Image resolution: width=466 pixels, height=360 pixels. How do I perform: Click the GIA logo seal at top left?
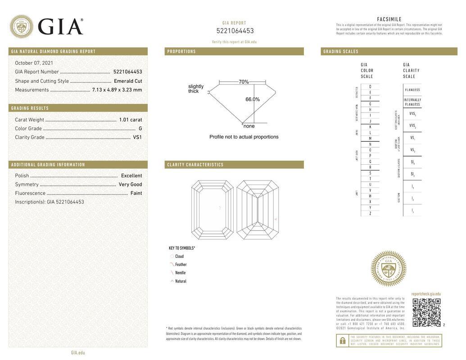pos(21,27)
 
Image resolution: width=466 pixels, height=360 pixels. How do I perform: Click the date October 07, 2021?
pos(34,63)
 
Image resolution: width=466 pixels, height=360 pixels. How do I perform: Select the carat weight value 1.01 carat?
pos(130,120)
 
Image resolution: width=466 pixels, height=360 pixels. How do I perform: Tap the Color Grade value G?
pos(140,129)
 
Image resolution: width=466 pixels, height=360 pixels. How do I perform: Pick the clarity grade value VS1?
pos(137,137)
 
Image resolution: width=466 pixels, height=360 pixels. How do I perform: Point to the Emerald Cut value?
pos(128,81)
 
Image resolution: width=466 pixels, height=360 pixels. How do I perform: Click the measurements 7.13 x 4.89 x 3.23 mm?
pos(117,90)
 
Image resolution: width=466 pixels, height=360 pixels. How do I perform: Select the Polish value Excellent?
pos(131,176)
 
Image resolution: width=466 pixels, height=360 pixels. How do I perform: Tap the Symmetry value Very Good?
pos(130,184)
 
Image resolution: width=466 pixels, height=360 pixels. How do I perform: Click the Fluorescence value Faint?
pos(136,193)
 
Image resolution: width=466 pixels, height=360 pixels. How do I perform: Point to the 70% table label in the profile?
pos(244,82)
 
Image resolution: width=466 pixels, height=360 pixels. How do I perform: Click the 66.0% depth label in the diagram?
pos(253,99)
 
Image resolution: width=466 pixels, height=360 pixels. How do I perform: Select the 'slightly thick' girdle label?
pos(195,89)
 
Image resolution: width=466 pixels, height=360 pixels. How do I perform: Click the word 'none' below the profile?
pos(249,126)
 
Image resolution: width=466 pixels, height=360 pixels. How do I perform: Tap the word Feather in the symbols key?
pos(181,265)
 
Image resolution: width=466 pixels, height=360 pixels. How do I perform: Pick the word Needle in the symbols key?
pos(180,273)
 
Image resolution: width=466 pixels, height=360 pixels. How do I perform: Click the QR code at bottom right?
pos(426,312)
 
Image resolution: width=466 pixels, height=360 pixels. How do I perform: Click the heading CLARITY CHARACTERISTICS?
pos(195,165)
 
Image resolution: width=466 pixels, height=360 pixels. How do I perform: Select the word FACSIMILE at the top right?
pos(389,19)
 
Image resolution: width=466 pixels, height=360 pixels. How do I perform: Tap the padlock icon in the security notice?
pos(342,341)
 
